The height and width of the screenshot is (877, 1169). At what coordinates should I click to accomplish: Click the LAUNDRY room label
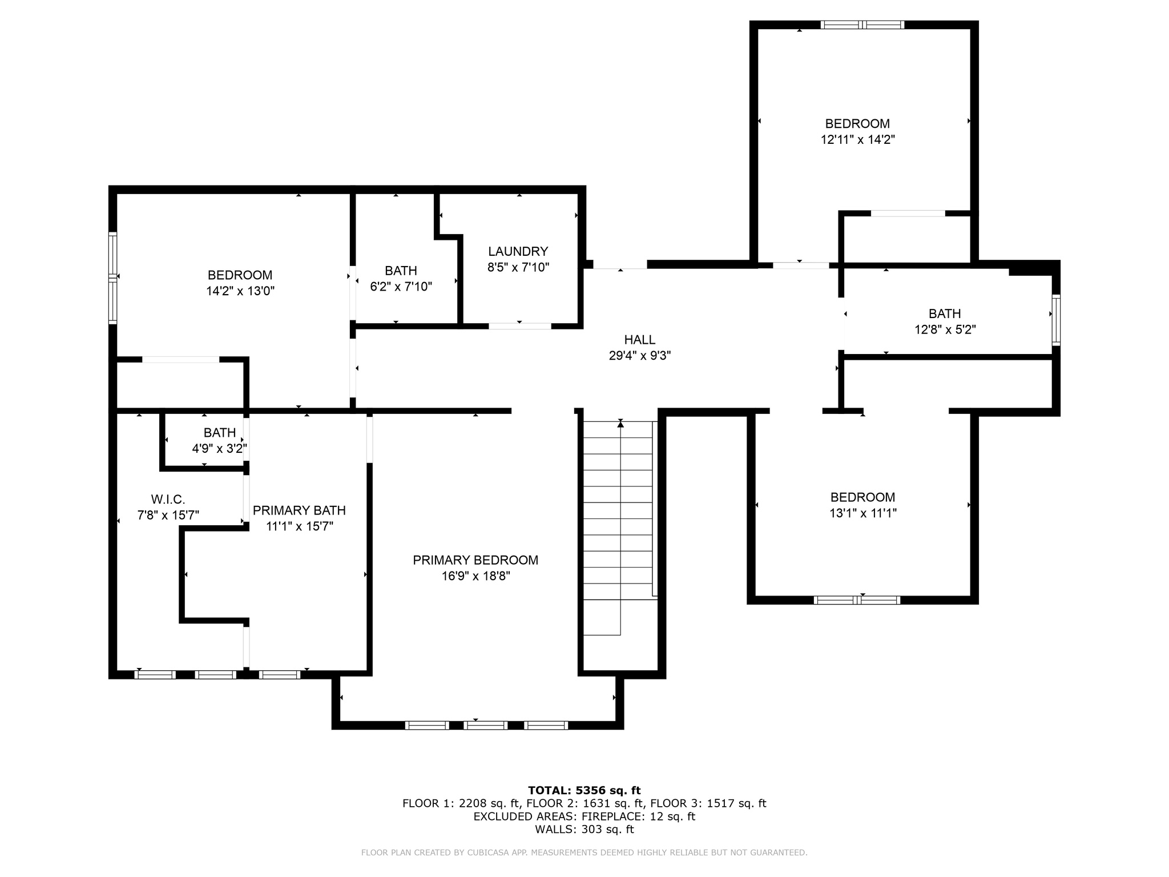tap(518, 251)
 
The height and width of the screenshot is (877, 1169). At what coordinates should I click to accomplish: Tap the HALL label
tap(639, 340)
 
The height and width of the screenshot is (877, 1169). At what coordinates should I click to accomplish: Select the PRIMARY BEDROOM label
tap(475, 560)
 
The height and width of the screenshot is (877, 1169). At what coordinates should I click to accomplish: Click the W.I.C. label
tap(168, 500)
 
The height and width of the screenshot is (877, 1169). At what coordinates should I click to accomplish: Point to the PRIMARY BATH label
tap(299, 510)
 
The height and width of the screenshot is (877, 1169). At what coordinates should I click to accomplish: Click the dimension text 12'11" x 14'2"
tap(857, 140)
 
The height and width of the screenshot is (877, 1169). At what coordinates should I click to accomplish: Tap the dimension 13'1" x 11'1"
tap(862, 513)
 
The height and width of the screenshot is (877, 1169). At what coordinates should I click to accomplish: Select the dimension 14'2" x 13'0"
tap(240, 291)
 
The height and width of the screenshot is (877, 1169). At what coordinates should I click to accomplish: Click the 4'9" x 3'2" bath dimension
tap(219, 449)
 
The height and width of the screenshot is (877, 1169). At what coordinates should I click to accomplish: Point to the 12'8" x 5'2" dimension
tap(945, 329)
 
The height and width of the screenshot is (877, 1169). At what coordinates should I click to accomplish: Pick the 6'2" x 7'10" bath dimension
tap(401, 287)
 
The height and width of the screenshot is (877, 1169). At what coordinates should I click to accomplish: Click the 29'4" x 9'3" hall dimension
tap(639, 356)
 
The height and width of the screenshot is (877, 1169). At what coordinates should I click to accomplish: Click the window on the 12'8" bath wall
tap(1056, 320)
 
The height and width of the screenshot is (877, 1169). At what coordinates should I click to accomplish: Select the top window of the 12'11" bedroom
tap(862, 25)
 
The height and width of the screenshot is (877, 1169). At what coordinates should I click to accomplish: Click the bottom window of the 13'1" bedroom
tap(857, 600)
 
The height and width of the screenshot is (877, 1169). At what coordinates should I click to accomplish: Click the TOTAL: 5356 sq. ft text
tap(584, 791)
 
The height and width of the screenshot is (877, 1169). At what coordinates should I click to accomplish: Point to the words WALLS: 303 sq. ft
tap(584, 830)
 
